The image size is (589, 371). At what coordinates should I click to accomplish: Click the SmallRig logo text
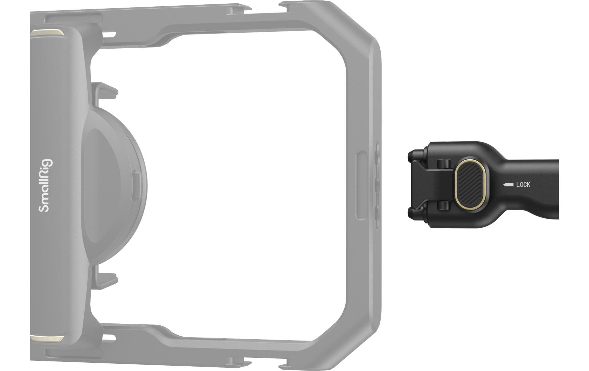45,185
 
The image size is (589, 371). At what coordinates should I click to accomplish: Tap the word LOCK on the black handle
523,185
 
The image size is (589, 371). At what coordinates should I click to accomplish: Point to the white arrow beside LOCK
508,185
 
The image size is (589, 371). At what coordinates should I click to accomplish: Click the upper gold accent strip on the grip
46,33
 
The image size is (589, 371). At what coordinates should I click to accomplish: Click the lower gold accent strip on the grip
46,338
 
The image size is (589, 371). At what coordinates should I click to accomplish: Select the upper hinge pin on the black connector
443,163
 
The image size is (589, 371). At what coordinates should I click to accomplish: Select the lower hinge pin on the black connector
443,206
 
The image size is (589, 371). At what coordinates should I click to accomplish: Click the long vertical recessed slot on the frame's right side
362,185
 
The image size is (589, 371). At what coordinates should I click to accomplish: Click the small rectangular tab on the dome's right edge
137,185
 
